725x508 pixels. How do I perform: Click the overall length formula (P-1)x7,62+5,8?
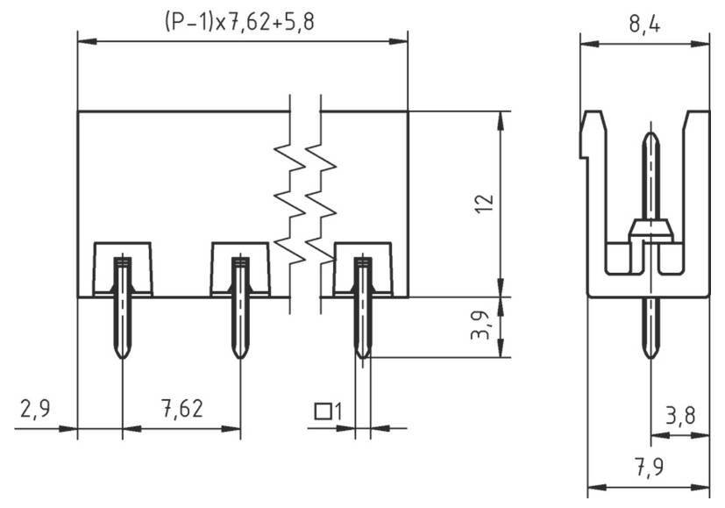[238, 22]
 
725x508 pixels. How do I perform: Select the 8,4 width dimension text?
[645, 24]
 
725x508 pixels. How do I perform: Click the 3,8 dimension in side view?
[680, 416]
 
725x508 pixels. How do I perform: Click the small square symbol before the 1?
[323, 410]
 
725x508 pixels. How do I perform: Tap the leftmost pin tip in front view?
[123, 354]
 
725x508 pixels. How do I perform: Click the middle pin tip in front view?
[239, 354]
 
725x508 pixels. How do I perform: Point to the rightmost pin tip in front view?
[362, 354]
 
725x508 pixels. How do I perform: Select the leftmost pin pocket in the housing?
[123, 268]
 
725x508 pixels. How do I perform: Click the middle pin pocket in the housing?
[240, 268]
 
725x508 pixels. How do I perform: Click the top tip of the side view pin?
[650, 136]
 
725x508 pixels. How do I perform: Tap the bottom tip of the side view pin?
[650, 354]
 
